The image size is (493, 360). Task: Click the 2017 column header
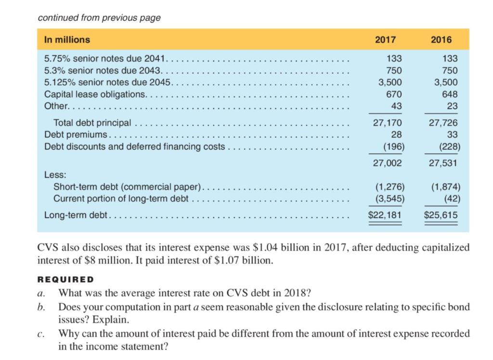[x=385, y=40]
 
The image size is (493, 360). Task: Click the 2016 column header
[x=441, y=40]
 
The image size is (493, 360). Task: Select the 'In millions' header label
[x=67, y=40]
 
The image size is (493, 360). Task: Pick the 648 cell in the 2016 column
[x=450, y=94]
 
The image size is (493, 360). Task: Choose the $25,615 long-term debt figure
[x=441, y=214]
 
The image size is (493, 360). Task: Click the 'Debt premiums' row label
[x=77, y=134]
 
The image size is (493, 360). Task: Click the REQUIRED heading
[x=65, y=280]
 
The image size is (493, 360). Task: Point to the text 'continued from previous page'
[x=99, y=18]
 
